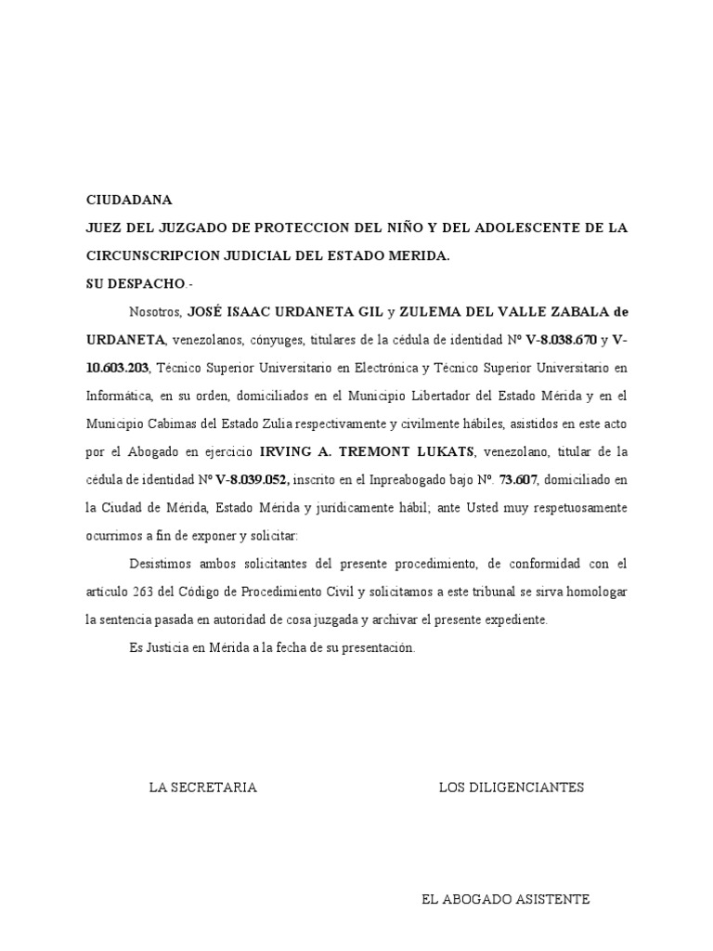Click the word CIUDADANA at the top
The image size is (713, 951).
tap(129, 200)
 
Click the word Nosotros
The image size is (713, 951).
tap(155, 312)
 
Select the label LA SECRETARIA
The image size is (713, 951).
tap(203, 788)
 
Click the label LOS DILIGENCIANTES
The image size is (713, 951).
tap(512, 788)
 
